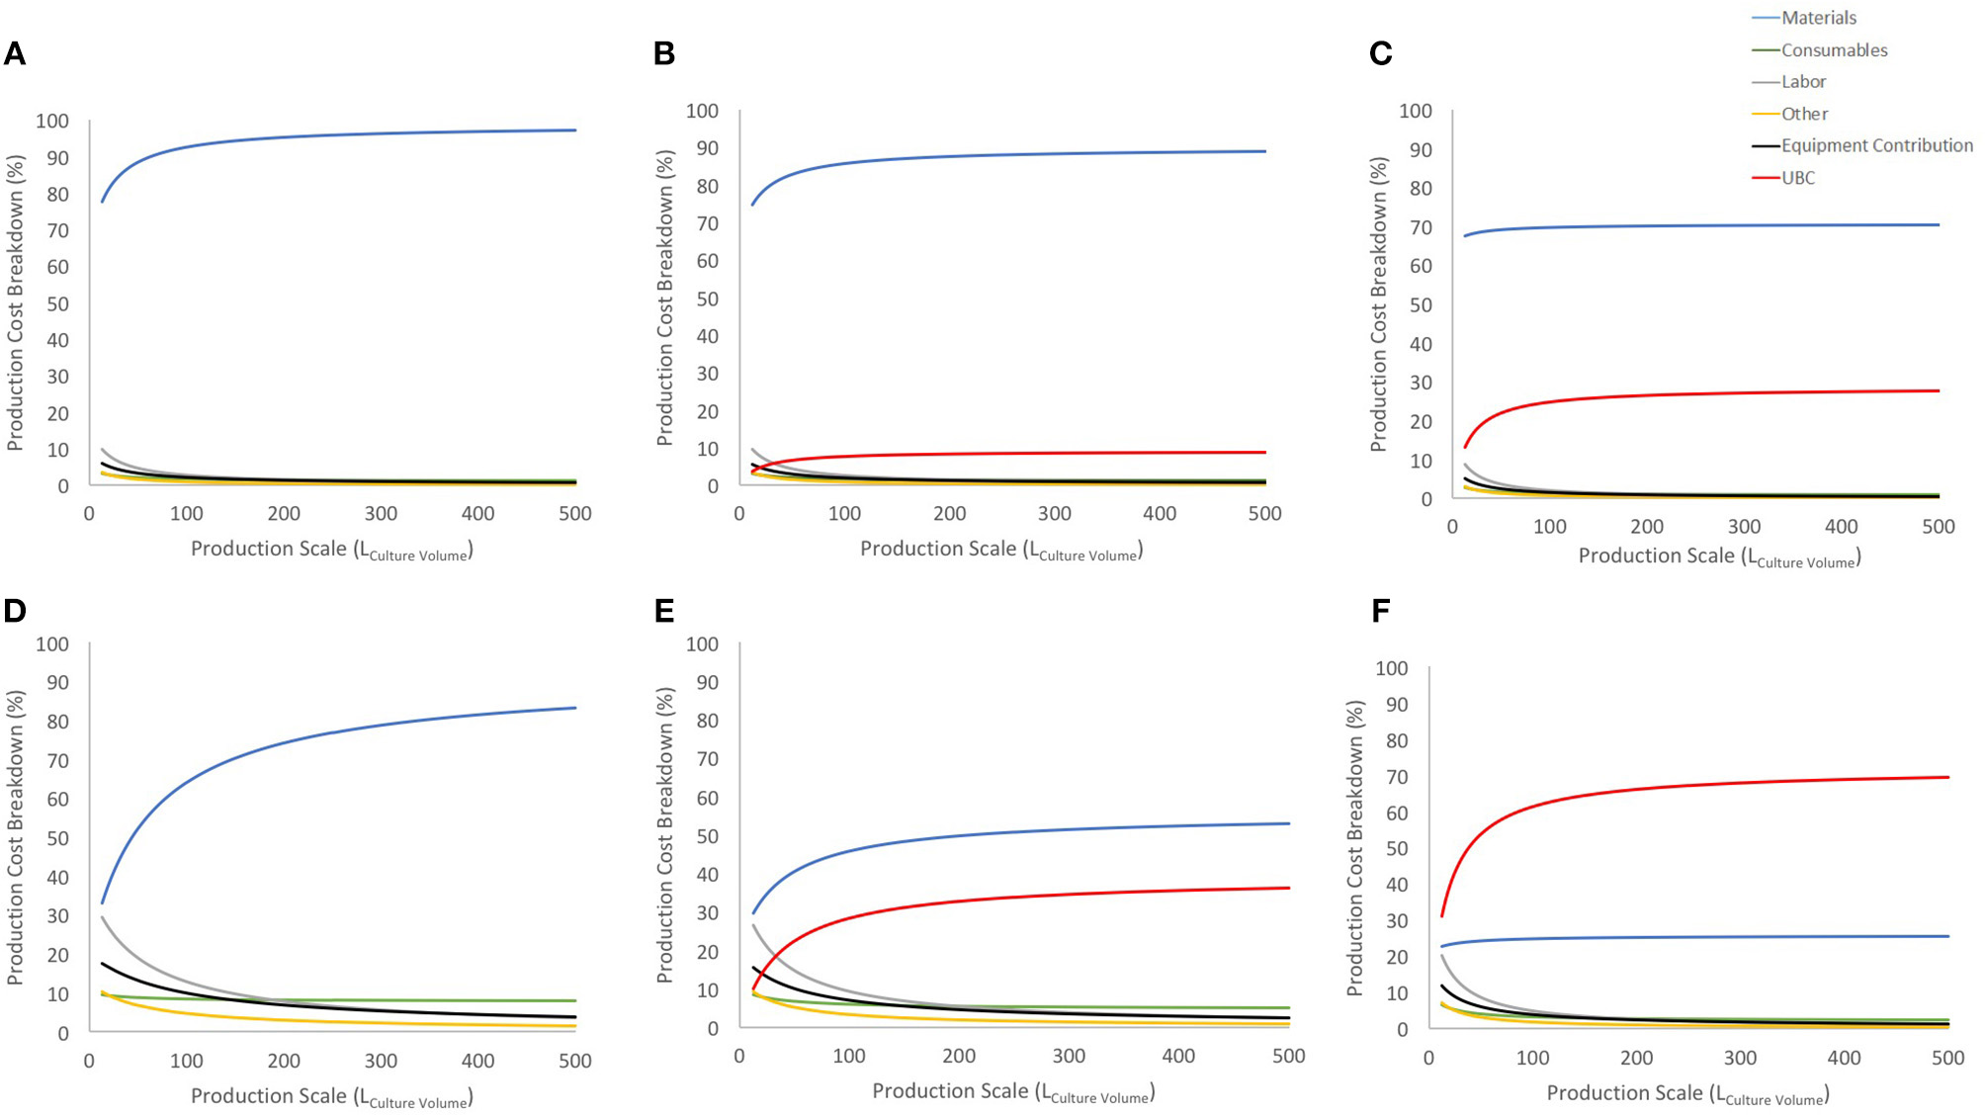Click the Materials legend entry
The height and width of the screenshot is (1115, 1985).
pos(1818,18)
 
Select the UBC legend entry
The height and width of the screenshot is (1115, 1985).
pos(1797,178)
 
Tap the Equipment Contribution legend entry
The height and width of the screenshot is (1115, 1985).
pos(1875,145)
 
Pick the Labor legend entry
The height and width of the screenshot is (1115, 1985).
pos(1803,82)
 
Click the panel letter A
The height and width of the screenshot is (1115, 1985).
pos(15,53)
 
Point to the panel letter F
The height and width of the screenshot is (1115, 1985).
pos(1380,611)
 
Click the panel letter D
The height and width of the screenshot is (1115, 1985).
pos(15,611)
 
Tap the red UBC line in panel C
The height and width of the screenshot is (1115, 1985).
pos(1681,393)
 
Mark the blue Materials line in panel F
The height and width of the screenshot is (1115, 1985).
pos(1681,937)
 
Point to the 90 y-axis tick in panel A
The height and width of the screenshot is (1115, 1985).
pos(58,158)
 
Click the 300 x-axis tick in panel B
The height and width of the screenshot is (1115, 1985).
pos(1054,514)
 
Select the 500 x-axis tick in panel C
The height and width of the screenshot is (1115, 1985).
pos(1938,527)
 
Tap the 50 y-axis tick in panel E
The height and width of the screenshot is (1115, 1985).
pos(707,836)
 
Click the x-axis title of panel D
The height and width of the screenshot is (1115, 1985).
pos(331,1096)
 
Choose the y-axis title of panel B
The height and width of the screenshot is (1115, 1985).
pos(664,297)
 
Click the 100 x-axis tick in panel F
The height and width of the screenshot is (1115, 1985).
pos(1532,1059)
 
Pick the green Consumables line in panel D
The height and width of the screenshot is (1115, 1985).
pos(395,1000)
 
